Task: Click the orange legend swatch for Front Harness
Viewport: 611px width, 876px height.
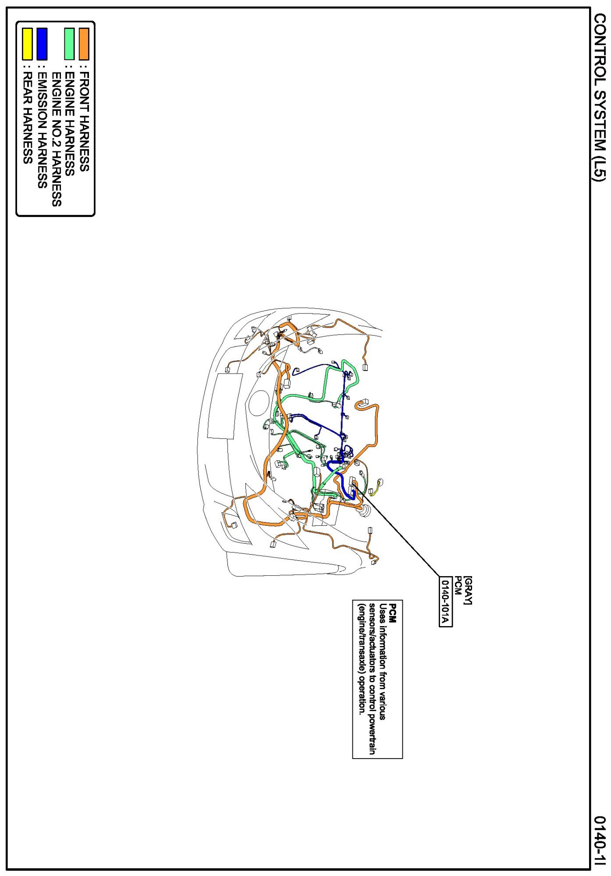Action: pyautogui.click(x=84, y=44)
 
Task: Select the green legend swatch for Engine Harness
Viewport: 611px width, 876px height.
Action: pyautogui.click(x=69, y=44)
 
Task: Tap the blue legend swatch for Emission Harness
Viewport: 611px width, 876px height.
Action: pyautogui.click(x=42, y=44)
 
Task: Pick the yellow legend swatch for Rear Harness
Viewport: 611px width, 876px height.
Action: pyautogui.click(x=27, y=44)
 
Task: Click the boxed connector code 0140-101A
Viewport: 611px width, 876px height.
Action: pyautogui.click(x=445, y=601)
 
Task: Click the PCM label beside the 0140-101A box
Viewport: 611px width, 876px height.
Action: pyautogui.click(x=457, y=584)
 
